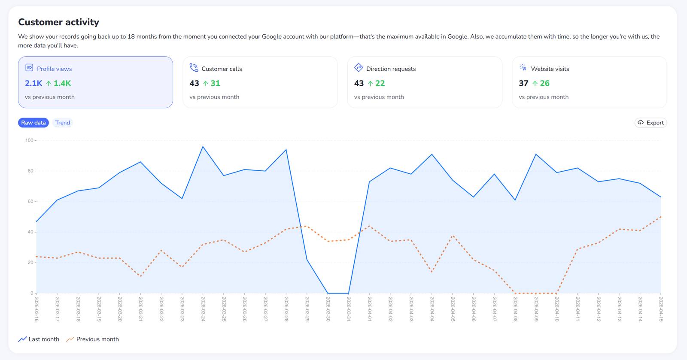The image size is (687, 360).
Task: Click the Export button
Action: pos(651,123)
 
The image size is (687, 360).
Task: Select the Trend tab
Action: pos(63,123)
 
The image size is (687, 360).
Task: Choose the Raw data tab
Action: pos(33,123)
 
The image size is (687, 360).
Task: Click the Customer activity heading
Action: pos(58,22)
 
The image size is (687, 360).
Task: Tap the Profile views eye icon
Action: pos(29,68)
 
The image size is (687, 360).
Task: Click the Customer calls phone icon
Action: pos(194,68)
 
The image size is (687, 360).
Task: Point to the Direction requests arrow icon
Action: pos(359,68)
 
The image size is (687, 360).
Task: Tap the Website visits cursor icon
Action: pos(523,68)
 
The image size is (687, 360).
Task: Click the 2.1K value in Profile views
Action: pos(33,83)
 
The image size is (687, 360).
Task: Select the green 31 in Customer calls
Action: pos(215,83)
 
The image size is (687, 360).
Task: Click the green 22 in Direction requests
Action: pos(380,83)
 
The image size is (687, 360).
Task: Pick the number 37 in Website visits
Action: pos(523,83)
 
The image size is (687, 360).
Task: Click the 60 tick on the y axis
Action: pos(30,202)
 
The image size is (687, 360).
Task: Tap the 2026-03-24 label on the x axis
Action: pos(203,309)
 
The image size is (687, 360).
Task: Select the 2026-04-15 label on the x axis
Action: pos(661,309)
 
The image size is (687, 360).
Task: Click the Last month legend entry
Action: pos(39,339)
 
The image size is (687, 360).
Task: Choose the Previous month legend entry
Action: pos(93,339)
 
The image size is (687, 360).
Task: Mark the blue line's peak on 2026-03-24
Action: pos(203,146)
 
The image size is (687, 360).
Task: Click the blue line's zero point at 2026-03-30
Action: pos(328,293)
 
